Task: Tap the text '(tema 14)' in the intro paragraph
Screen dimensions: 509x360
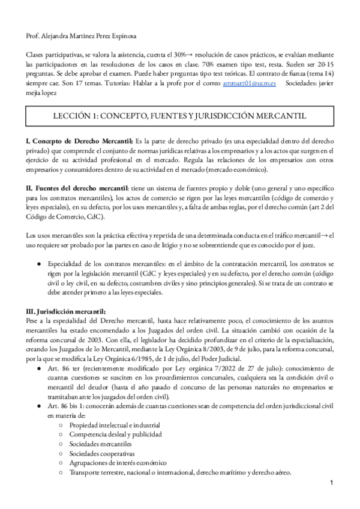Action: [x=319, y=76]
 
